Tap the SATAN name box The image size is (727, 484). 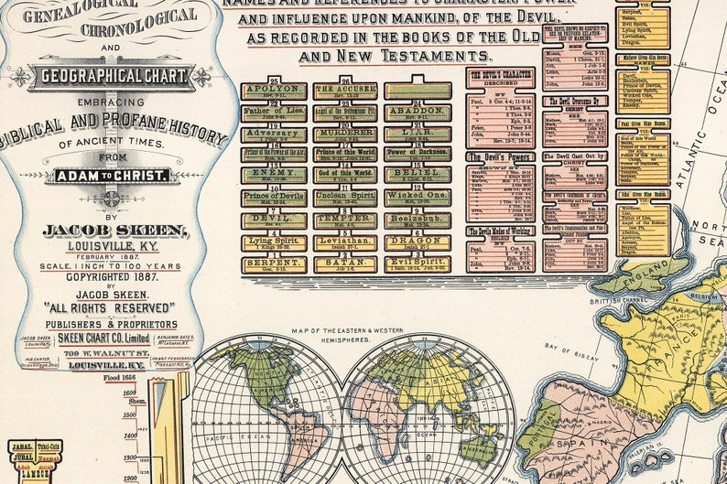[345, 264]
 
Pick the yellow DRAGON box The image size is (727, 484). [417, 242]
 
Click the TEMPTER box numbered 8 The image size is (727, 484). [345, 220]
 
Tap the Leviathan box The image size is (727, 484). [345, 242]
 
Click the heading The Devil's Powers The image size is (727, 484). [500, 157]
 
